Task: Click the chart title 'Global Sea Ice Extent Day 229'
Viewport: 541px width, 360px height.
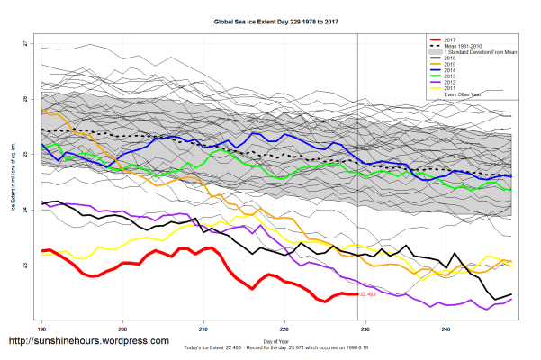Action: (270, 19)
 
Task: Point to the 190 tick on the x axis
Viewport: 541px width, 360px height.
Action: (41, 329)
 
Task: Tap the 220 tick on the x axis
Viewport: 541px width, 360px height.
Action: (285, 329)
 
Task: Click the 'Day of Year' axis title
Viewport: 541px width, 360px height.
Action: (275, 341)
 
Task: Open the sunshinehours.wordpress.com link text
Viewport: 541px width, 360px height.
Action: (88, 341)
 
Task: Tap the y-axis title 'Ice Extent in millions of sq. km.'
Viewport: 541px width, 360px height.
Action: (13, 180)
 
